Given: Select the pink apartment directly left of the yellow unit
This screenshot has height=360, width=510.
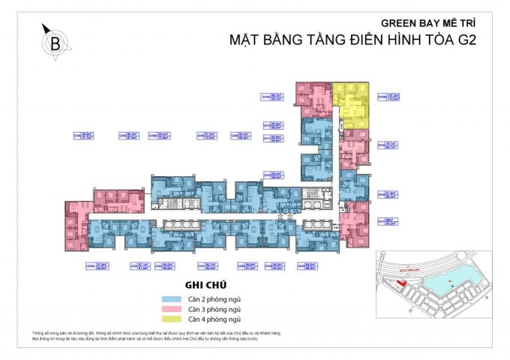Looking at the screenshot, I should pyautogui.click(x=314, y=96).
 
